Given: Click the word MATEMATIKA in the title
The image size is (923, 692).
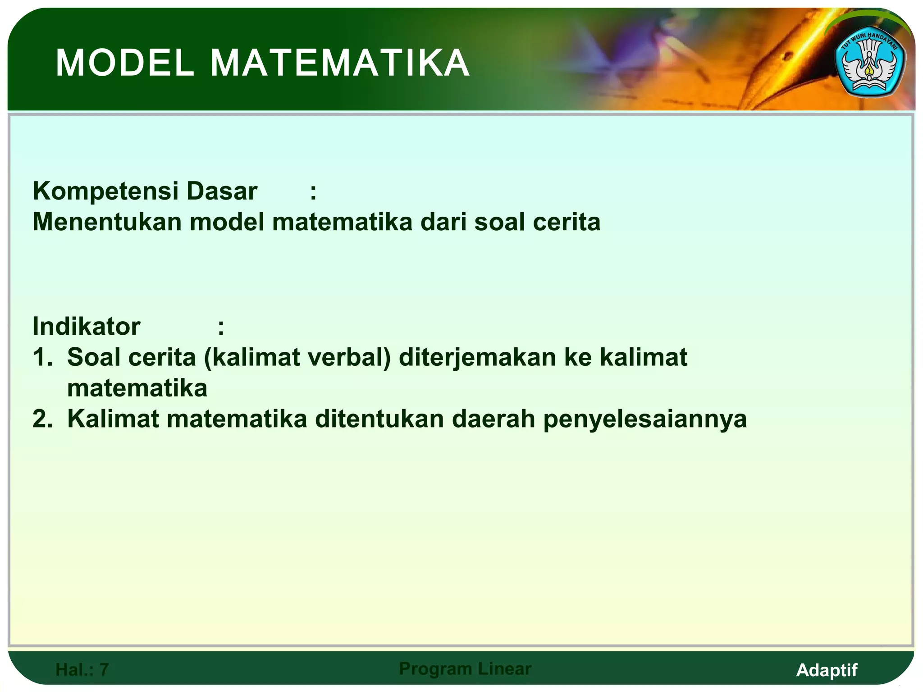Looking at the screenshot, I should point(340,63).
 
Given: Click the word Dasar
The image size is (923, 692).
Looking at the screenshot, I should point(222,191).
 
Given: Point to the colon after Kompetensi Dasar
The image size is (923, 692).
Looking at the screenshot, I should point(313,192).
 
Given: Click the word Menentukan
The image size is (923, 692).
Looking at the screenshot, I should point(107,222).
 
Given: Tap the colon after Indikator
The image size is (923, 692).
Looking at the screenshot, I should point(221,328).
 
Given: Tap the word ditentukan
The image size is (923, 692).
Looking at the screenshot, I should point(379,419).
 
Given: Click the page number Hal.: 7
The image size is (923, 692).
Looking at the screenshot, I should point(82,670).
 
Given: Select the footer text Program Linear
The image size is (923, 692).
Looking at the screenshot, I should point(465,669).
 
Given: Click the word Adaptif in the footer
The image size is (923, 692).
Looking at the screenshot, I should point(827,670).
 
